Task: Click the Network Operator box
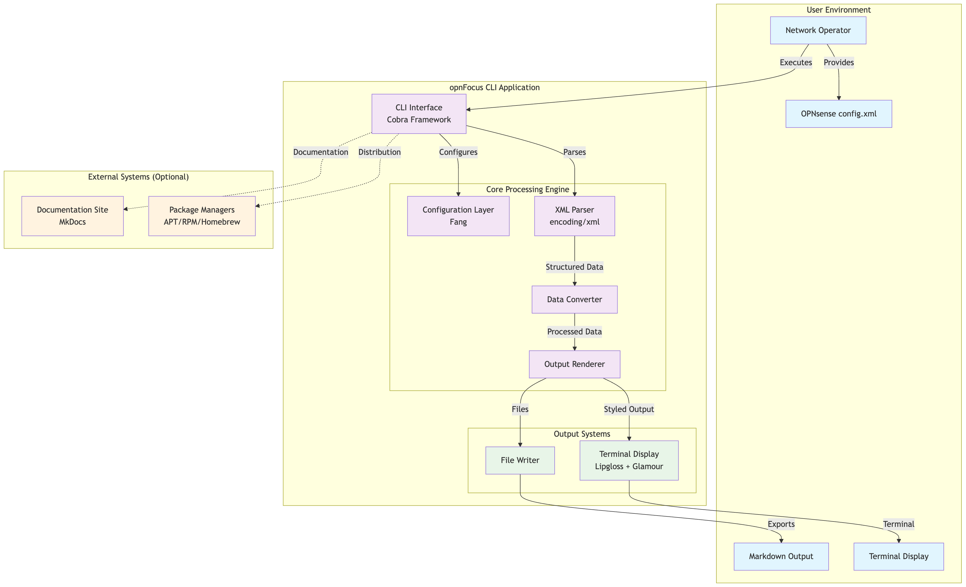point(818,30)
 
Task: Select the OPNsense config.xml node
point(839,114)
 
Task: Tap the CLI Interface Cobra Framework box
point(419,114)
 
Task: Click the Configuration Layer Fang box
point(458,216)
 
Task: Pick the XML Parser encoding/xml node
point(574,216)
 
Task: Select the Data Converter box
point(574,300)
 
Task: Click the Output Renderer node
point(574,364)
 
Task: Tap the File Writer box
point(520,460)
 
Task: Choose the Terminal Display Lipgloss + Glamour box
point(629,460)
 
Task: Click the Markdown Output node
point(781,556)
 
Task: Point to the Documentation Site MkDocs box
point(72,216)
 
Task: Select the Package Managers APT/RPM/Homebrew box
point(202,216)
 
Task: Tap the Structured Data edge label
point(574,267)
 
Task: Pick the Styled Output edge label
point(629,409)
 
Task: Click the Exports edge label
point(781,524)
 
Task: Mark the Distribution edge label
point(379,152)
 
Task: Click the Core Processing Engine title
point(527,189)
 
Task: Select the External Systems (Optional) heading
point(138,177)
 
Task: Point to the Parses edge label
point(574,152)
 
